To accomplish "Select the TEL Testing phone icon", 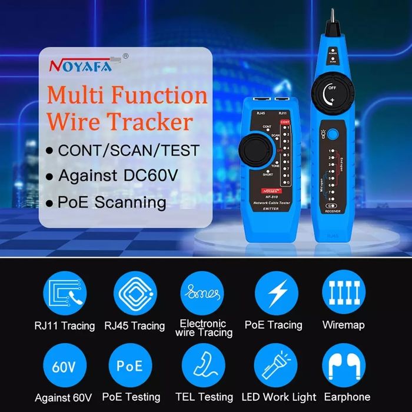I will pyautogui.click(x=203, y=366).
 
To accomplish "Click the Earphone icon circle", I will pyautogui.click(x=343, y=366).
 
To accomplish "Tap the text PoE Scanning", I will pyautogui.click(x=112, y=202).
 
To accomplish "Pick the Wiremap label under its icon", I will pyautogui.click(x=343, y=324).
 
